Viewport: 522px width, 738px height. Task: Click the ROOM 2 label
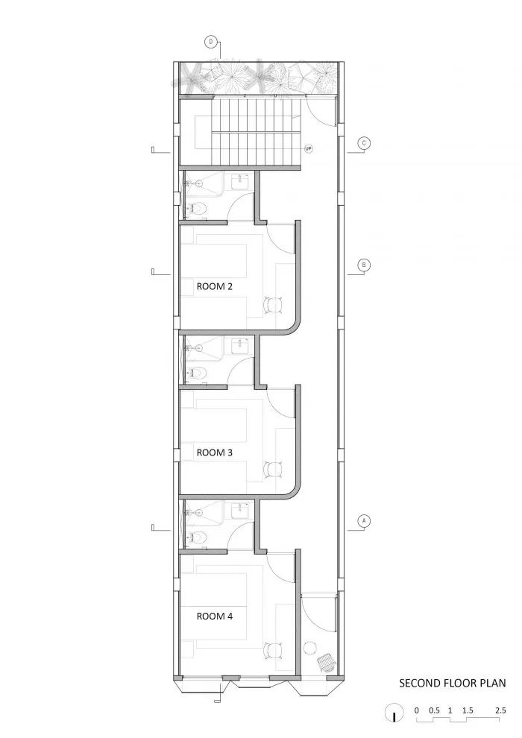[x=215, y=286]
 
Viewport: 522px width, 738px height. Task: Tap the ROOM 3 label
[x=215, y=452]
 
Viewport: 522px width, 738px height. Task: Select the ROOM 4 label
[x=215, y=616]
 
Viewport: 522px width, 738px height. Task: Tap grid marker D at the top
[x=212, y=42]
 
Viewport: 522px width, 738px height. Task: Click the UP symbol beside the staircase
[x=308, y=149]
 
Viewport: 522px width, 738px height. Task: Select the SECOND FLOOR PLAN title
[x=452, y=682]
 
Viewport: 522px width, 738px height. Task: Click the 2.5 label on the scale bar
[x=500, y=710]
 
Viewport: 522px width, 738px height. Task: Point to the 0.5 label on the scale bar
[x=434, y=710]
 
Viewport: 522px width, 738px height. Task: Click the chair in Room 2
[x=274, y=304]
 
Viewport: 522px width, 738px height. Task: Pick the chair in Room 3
[x=274, y=470]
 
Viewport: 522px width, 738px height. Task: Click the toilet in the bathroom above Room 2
[x=197, y=209]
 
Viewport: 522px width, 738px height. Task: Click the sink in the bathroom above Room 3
[x=240, y=344]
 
